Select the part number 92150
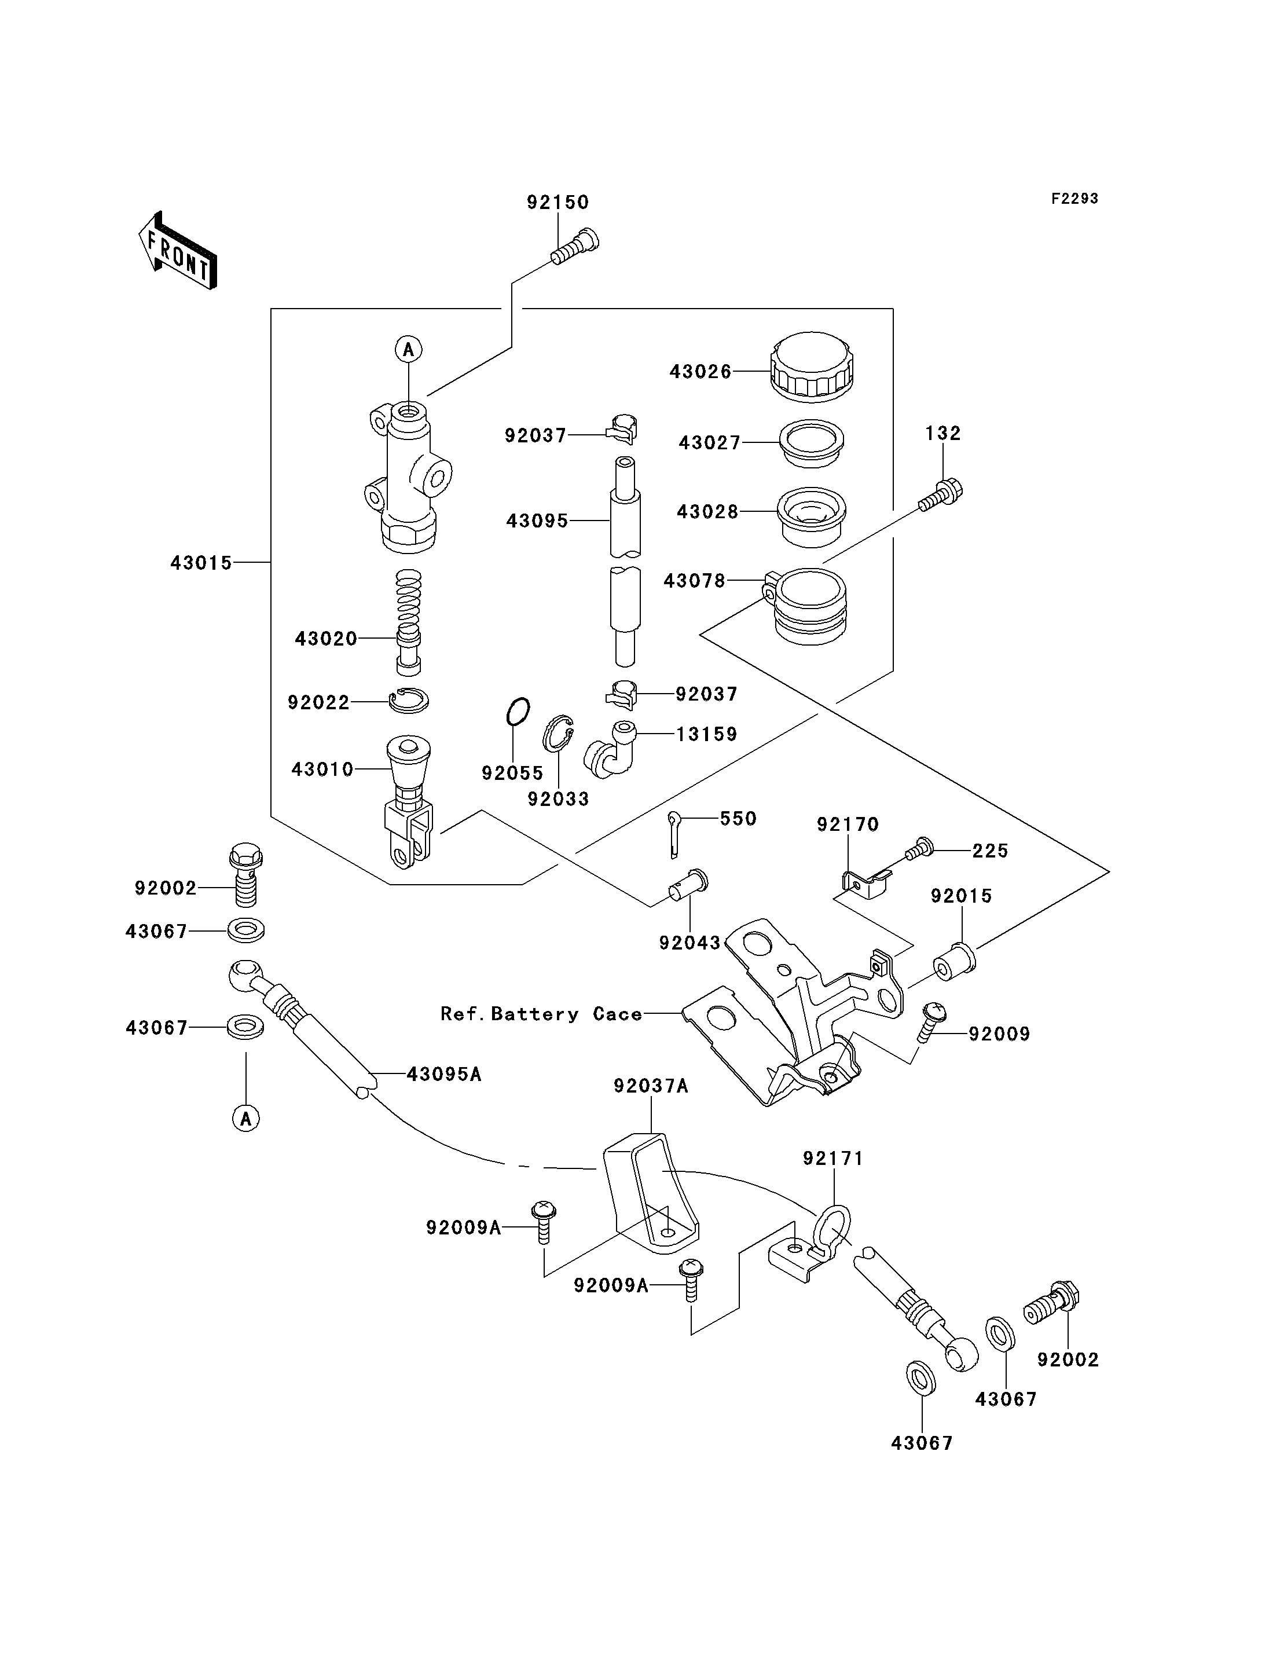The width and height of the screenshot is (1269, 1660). (x=558, y=203)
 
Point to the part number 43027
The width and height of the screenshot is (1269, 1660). (x=709, y=443)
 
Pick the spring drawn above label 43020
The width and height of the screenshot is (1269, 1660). (x=409, y=597)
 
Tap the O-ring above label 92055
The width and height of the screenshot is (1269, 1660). (x=518, y=712)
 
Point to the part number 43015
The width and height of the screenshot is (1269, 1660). (x=201, y=563)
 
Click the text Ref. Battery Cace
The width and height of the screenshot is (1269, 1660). (x=541, y=1014)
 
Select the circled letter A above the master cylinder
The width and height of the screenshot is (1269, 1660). (x=409, y=349)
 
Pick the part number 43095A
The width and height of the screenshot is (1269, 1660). (x=443, y=1073)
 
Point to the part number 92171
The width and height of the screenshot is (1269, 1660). (x=832, y=1159)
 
